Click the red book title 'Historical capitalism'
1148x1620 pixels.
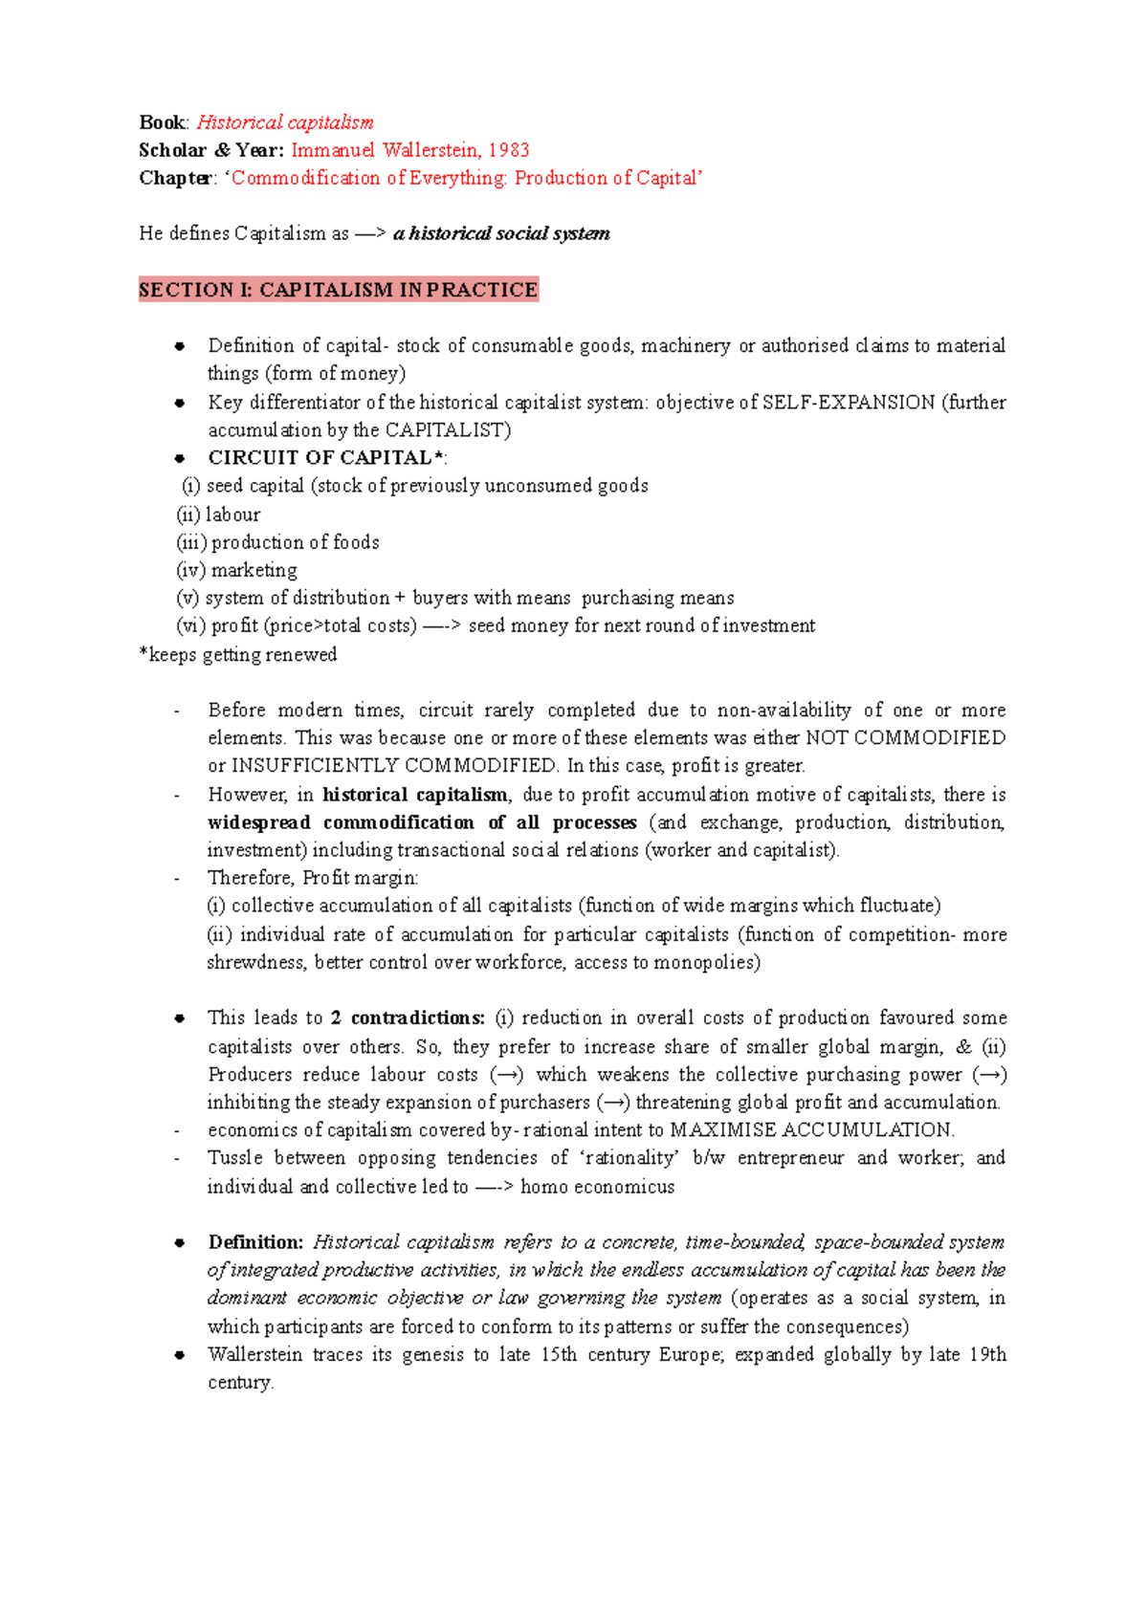click(x=284, y=122)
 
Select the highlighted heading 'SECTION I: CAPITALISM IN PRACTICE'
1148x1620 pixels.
click(x=338, y=290)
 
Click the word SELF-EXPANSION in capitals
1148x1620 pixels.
click(x=848, y=403)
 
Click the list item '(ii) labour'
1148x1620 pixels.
click(x=218, y=514)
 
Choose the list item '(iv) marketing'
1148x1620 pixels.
click(x=236, y=571)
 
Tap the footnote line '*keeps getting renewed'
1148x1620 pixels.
click(x=238, y=655)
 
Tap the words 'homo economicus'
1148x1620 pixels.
click(x=597, y=1187)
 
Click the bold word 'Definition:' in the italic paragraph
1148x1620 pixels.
click(x=255, y=1242)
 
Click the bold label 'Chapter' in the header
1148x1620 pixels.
click(x=175, y=178)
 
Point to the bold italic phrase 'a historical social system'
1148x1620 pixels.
click(x=501, y=234)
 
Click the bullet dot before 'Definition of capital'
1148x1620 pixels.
click(x=179, y=347)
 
